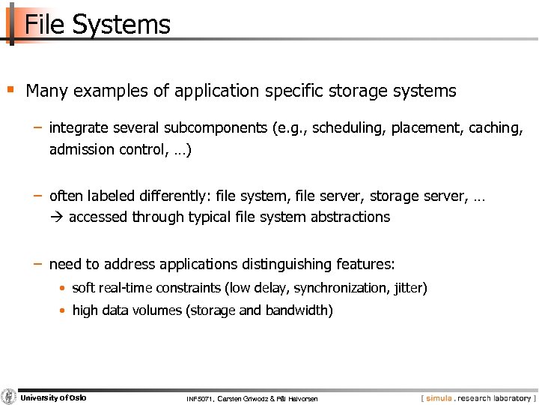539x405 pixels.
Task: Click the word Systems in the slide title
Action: (x=121, y=25)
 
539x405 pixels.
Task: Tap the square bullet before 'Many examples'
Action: (x=10, y=90)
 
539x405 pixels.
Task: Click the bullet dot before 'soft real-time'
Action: (x=64, y=288)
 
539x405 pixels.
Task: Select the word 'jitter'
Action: (x=408, y=288)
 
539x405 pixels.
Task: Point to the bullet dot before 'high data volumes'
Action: (x=64, y=310)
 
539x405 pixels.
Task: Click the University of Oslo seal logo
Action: (x=9, y=397)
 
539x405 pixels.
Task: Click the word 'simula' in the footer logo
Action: (x=441, y=397)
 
